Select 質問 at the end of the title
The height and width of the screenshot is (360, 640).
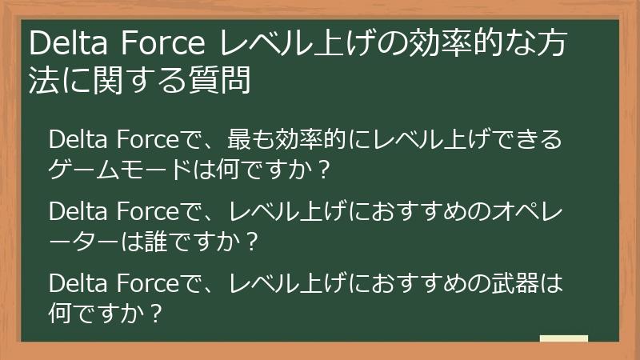click(x=225, y=80)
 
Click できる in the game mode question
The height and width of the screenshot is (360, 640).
click(x=526, y=140)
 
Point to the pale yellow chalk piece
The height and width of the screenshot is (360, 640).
click(x=564, y=338)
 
